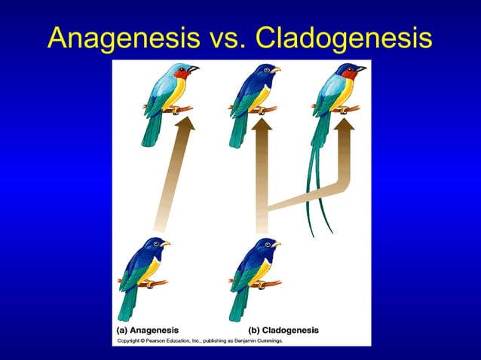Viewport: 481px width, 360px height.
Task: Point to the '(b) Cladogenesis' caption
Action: (283, 330)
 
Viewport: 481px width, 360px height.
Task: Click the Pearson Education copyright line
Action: (198, 341)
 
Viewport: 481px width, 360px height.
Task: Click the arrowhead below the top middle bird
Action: (262, 124)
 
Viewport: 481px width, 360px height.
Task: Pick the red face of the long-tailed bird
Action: (348, 74)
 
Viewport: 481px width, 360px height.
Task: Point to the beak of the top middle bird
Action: (276, 70)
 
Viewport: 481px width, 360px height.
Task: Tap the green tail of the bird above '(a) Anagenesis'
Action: (129, 301)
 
